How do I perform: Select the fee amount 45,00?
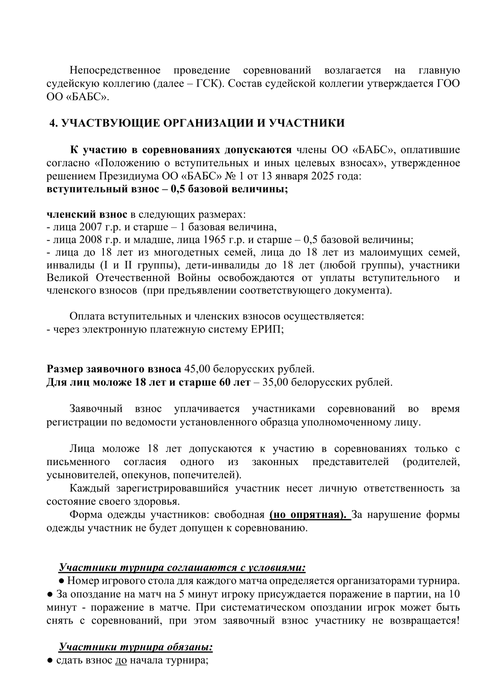[x=197, y=369]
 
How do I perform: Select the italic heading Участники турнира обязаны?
[x=136, y=647]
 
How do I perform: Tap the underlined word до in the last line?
[x=121, y=660]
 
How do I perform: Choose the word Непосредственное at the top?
[x=115, y=70]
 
